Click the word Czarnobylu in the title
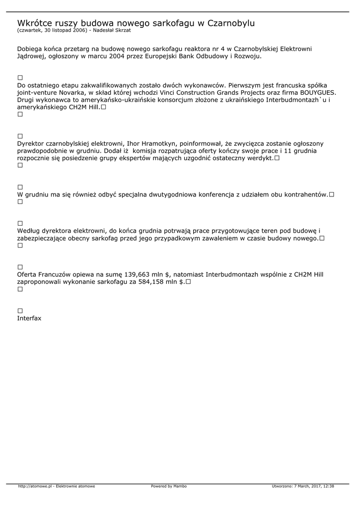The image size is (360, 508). pos(231,23)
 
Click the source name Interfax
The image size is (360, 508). pos(29,318)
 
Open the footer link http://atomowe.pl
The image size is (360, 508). pos(35,486)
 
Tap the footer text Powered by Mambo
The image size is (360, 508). pos(169,486)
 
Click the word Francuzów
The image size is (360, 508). pos(56,274)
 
